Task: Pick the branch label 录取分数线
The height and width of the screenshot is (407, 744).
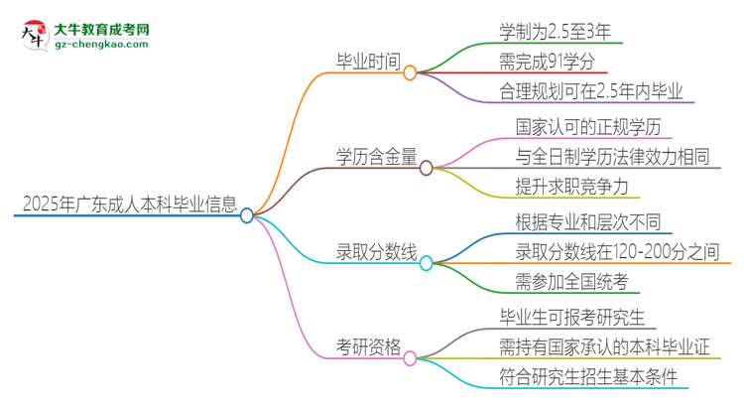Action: (x=373, y=253)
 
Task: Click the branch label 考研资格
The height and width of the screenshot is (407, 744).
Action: (x=367, y=347)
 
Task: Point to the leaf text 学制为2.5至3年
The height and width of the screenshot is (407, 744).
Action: (x=559, y=31)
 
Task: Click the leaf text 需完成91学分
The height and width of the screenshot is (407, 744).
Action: (x=548, y=63)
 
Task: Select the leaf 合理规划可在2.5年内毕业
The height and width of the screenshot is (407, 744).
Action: (x=592, y=92)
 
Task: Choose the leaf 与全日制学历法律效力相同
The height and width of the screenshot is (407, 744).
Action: (x=613, y=157)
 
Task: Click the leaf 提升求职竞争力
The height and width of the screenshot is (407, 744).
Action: (x=571, y=187)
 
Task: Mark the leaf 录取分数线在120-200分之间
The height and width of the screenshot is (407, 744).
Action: (x=616, y=252)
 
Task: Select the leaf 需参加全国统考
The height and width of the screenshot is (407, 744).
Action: (x=570, y=282)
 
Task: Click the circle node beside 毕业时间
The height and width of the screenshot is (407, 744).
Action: (x=410, y=72)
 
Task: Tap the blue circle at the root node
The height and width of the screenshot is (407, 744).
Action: (x=247, y=215)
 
